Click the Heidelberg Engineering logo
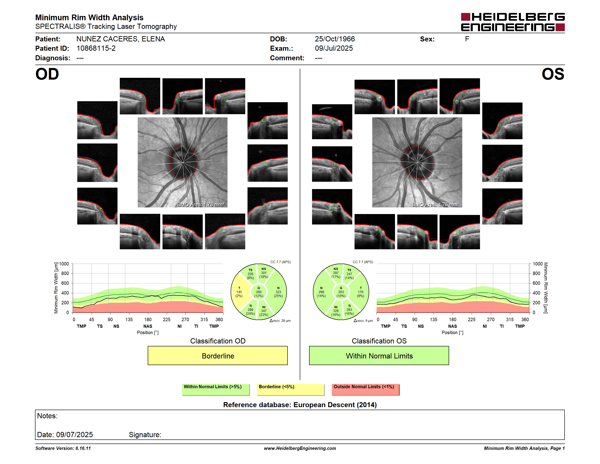point(513,22)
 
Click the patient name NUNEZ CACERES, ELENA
point(121,39)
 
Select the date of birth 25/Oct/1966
point(335,39)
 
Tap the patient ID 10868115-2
point(96,48)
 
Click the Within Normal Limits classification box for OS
point(379,356)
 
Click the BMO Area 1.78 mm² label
point(201,204)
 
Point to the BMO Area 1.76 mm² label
point(435,204)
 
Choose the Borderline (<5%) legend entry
point(290,389)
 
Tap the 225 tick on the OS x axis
point(471,319)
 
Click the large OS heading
point(553,74)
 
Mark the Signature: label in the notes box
point(145,435)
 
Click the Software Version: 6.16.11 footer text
point(63,448)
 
